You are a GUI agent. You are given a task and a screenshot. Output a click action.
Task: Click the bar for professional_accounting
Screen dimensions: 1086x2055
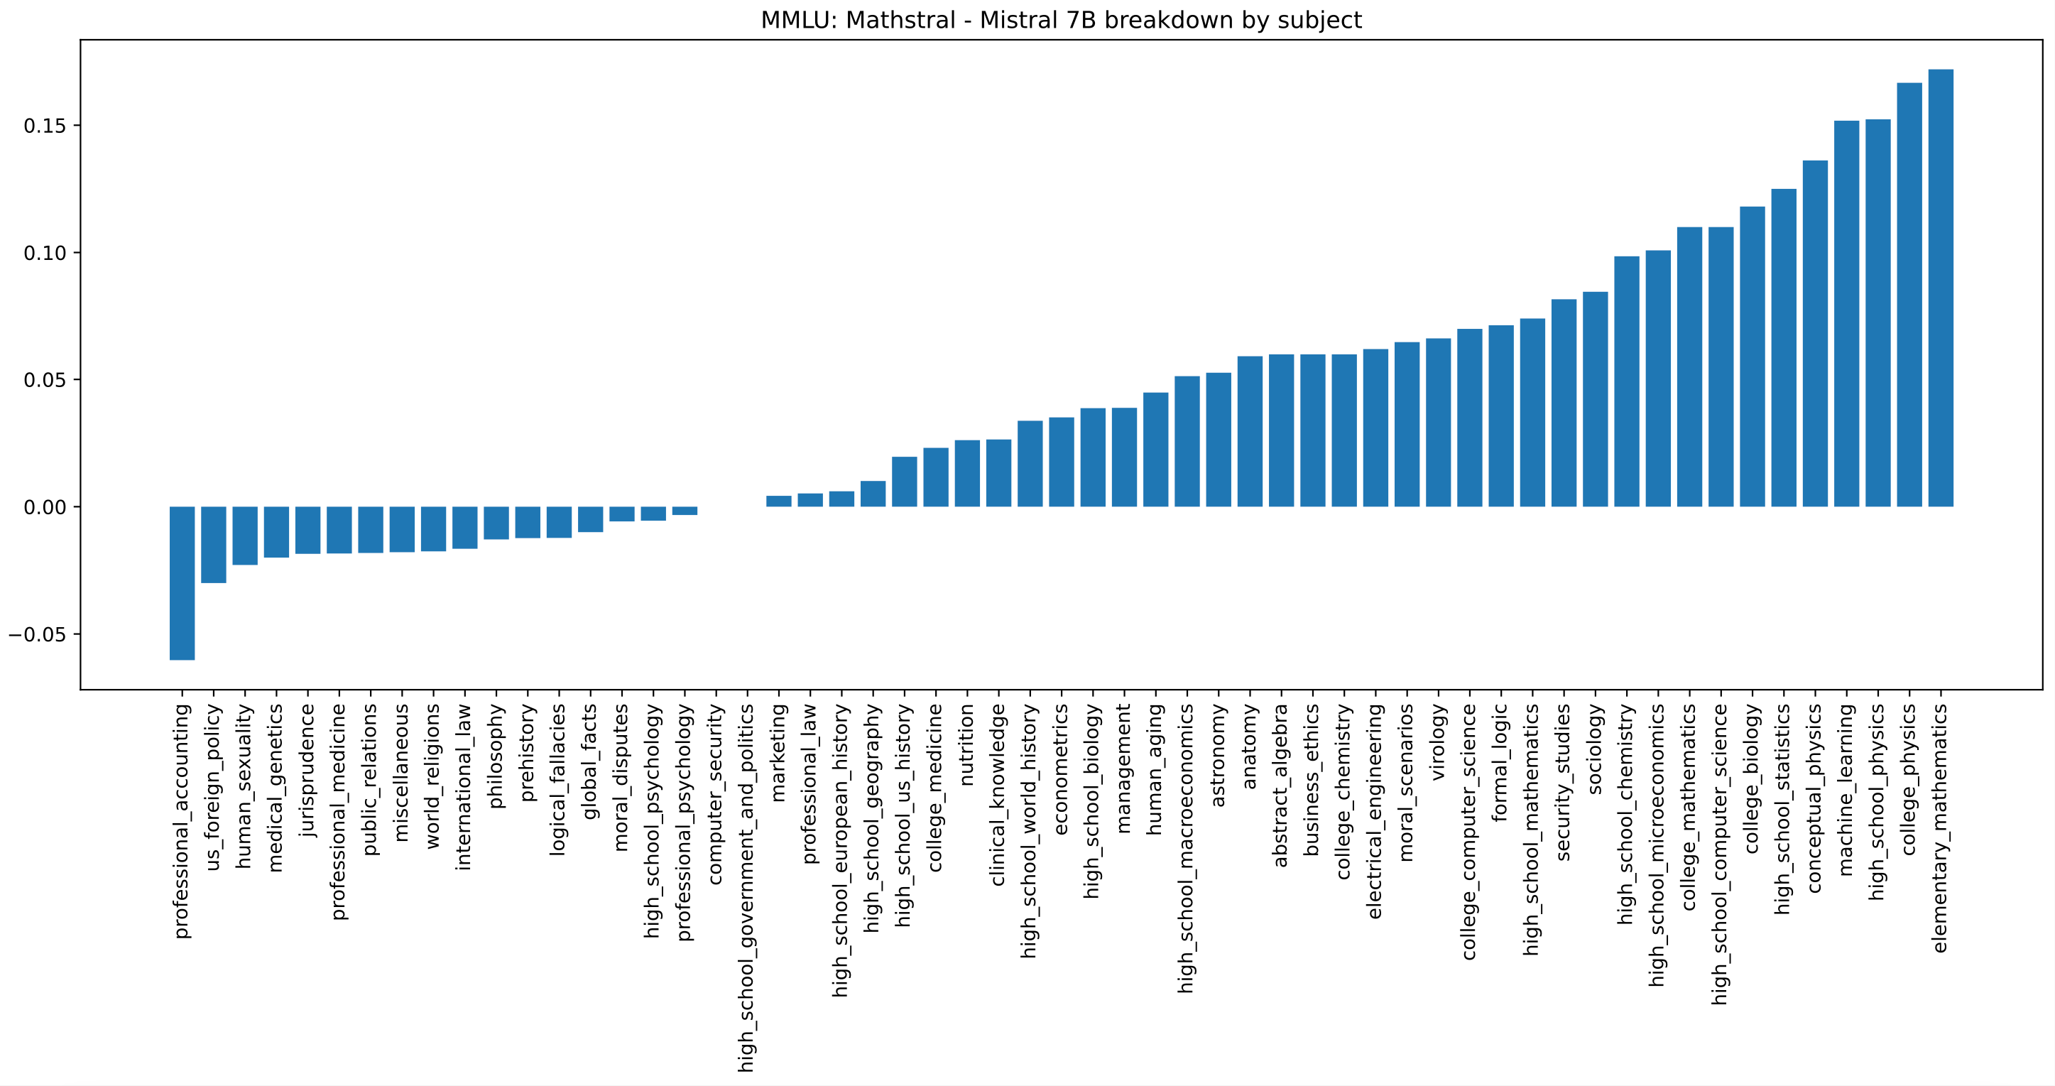[182, 582]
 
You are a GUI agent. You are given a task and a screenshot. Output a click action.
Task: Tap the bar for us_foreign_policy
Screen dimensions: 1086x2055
[213, 544]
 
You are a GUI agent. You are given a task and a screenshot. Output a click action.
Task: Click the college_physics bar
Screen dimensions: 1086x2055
[1909, 295]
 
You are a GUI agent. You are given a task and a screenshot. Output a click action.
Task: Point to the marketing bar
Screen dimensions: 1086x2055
[778, 501]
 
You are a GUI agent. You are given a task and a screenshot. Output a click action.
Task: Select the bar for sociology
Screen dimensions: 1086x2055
[1595, 399]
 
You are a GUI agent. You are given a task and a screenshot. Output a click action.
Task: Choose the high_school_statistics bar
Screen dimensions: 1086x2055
[1783, 348]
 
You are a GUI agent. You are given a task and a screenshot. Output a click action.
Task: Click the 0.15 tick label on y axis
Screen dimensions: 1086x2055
[45, 126]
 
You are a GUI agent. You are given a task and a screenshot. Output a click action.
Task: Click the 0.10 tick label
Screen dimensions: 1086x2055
[45, 253]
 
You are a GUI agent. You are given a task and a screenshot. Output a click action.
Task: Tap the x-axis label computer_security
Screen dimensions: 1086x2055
[715, 794]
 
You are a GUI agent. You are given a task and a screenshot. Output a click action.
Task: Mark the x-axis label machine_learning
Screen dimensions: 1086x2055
[1846, 790]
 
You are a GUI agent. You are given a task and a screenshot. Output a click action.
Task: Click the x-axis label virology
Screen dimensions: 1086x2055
[1437, 742]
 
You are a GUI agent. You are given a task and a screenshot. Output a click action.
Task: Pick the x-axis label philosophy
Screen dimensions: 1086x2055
[496, 756]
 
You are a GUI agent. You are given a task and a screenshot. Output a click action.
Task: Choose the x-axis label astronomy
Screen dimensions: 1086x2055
[1219, 756]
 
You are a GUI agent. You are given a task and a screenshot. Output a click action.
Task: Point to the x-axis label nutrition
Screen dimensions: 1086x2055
[967, 744]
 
